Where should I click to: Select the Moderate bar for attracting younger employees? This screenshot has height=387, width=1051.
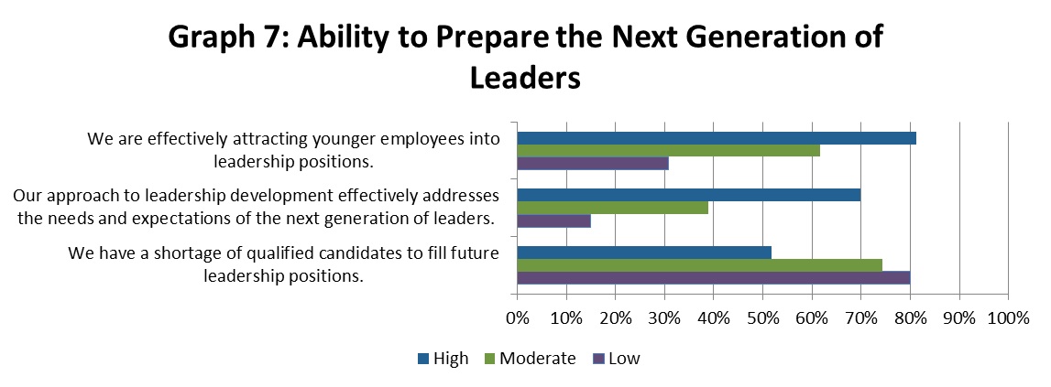pyautogui.click(x=668, y=151)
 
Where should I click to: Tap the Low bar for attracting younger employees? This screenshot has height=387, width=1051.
pyautogui.click(x=593, y=164)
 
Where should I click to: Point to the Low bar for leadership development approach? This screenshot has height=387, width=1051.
pyautogui.click(x=553, y=220)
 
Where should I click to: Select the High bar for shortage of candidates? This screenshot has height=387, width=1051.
pyautogui.click(x=644, y=253)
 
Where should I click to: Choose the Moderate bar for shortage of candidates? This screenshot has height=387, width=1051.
pyautogui.click(x=699, y=265)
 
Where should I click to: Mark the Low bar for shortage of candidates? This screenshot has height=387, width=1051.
pyautogui.click(x=714, y=278)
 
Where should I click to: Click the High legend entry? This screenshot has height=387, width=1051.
pyautogui.click(x=442, y=359)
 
